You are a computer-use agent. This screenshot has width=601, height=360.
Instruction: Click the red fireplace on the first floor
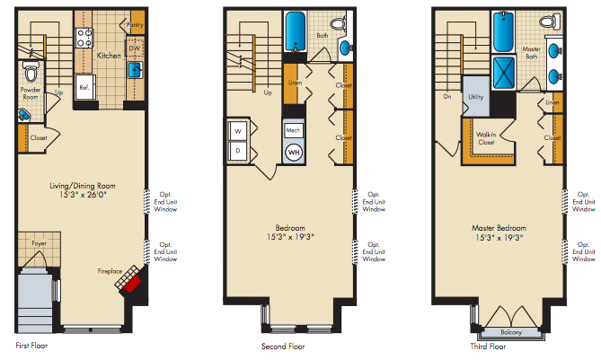[131, 284]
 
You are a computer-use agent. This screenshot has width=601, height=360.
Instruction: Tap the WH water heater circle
[294, 153]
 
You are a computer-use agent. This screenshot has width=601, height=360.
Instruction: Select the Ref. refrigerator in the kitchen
[85, 87]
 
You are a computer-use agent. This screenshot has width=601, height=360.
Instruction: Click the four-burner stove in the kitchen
[84, 38]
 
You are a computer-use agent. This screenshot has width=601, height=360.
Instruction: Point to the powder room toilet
[31, 70]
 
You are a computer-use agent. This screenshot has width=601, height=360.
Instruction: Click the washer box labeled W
[238, 131]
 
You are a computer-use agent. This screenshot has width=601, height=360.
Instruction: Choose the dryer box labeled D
[238, 151]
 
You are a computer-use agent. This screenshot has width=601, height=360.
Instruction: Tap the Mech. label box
[294, 130]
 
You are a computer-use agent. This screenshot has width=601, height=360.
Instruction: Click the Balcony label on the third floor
[511, 332]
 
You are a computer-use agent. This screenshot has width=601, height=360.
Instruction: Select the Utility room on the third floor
[476, 96]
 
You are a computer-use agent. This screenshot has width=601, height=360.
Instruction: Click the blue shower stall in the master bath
[504, 73]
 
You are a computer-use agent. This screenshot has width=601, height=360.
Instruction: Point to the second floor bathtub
[295, 31]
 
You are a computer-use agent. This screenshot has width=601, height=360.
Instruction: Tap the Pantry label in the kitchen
[135, 25]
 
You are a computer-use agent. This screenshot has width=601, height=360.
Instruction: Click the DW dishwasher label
[134, 48]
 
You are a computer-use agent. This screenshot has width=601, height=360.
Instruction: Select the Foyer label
[40, 243]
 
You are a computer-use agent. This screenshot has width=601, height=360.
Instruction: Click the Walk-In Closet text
[486, 138]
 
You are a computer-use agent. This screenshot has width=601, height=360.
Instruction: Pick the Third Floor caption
[488, 347]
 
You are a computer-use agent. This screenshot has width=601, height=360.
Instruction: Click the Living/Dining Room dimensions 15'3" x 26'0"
[83, 195]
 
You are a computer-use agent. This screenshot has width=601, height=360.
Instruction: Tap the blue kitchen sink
[135, 70]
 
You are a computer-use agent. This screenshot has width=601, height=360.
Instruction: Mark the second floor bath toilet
[339, 23]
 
